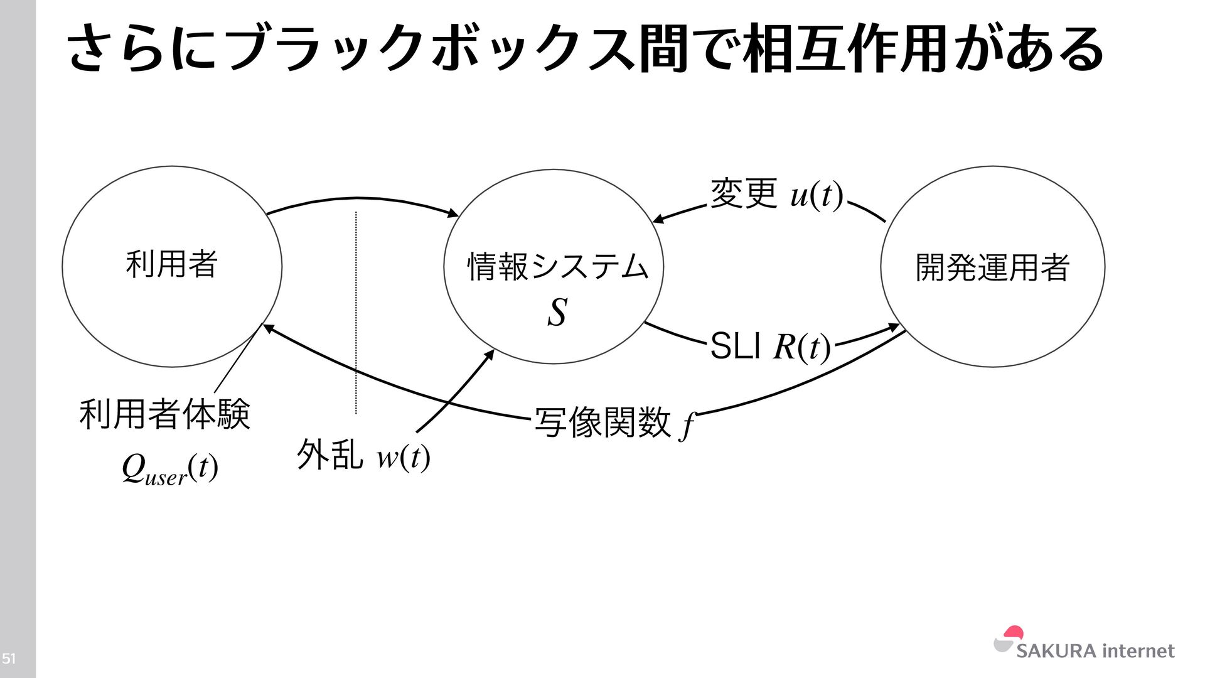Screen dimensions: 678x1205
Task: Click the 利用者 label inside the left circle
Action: click(171, 264)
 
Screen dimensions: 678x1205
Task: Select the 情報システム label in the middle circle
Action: click(557, 266)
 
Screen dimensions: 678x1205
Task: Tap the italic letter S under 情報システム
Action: click(557, 312)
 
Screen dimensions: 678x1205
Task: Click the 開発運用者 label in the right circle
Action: click(992, 267)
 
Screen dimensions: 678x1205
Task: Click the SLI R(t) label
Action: click(770, 347)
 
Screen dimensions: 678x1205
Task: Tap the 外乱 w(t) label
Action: click(363, 455)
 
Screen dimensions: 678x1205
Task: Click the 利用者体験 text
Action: click(165, 414)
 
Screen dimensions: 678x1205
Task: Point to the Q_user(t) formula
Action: click(170, 469)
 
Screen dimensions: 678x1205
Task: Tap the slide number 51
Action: click(9, 659)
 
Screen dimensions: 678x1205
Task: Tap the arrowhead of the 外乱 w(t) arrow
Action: click(490, 354)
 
